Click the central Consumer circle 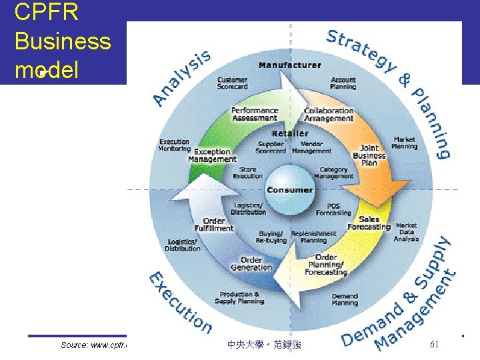coord(289,189)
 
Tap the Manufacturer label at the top coord(289,65)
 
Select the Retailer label coord(289,133)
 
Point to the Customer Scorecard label coord(232,83)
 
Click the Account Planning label coord(343,83)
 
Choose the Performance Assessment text coord(255,114)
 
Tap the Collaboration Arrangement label coord(329,115)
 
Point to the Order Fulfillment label coord(214,224)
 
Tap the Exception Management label coord(213,155)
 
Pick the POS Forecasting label coord(333,209)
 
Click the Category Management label coord(333,173)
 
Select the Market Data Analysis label coord(406,232)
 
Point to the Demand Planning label coord(345,299)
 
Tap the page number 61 coord(433,344)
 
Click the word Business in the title coord(62,41)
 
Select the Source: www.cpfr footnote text coord(93,345)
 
